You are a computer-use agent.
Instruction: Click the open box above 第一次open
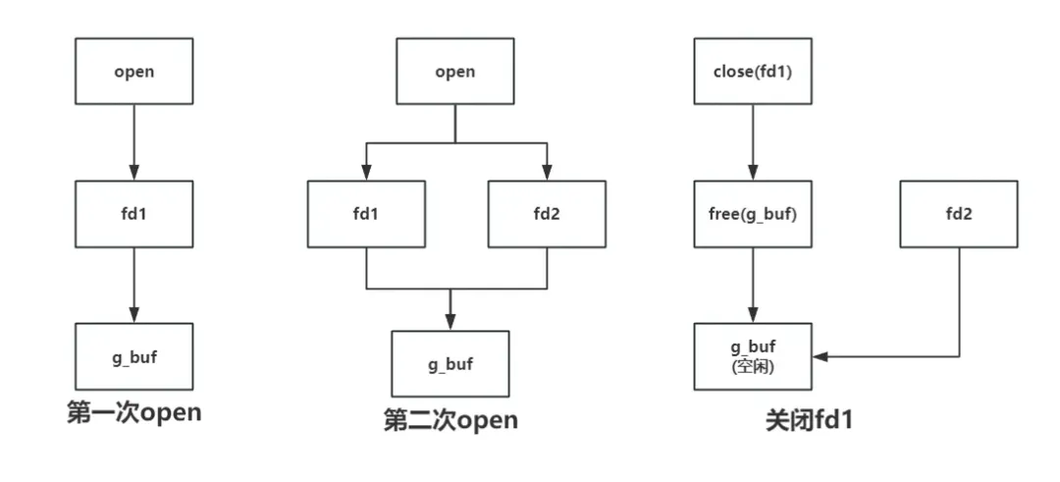[133, 72]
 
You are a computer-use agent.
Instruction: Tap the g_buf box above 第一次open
[133, 355]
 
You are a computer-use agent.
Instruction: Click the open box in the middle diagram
[454, 72]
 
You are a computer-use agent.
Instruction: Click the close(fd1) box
[753, 72]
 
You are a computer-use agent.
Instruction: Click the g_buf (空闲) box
[753, 355]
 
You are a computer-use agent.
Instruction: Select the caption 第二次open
[450, 421]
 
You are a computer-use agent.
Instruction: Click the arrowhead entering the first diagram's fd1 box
[133, 175]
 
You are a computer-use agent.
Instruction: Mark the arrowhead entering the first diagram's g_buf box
[133, 316]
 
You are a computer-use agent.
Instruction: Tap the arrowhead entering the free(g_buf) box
[753, 175]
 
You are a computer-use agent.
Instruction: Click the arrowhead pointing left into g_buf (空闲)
[819, 356]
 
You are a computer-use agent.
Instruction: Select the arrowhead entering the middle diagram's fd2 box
[547, 175]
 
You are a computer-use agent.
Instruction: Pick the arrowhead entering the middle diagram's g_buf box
[450, 325]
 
